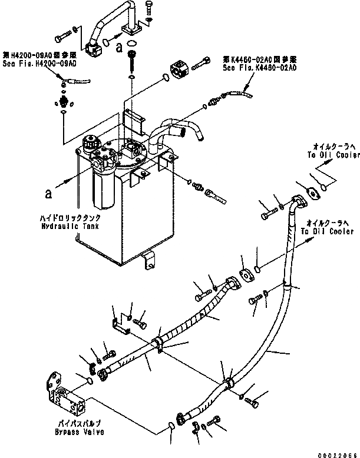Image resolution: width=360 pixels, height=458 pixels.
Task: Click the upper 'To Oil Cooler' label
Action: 333,155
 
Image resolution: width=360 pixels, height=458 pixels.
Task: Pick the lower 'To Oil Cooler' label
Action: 325,231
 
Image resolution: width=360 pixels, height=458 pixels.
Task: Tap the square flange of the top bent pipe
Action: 133,29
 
